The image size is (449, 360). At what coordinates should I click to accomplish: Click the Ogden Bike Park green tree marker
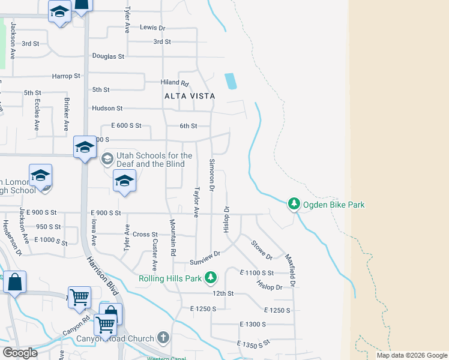point(294,205)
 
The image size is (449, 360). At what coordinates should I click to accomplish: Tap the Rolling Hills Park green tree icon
point(210,278)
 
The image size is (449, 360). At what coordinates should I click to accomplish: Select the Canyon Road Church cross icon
point(163,338)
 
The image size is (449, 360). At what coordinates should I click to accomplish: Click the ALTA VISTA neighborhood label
point(190,96)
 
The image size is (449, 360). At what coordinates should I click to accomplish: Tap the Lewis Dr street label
point(152,28)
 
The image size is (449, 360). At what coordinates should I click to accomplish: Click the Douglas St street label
point(108,56)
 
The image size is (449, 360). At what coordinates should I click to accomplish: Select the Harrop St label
point(66,76)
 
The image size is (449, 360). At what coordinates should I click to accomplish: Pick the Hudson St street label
point(107,109)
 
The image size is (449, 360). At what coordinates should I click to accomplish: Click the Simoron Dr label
point(211,175)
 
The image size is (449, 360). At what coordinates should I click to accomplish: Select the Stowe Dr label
point(262,250)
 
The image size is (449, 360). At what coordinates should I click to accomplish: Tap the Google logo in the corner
point(20,353)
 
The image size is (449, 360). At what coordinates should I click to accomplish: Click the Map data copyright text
point(412,355)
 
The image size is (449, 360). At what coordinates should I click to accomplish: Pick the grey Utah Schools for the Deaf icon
point(107,160)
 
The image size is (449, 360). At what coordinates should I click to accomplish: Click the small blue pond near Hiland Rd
point(230,81)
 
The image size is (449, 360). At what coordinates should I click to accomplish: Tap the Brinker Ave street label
point(67,117)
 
